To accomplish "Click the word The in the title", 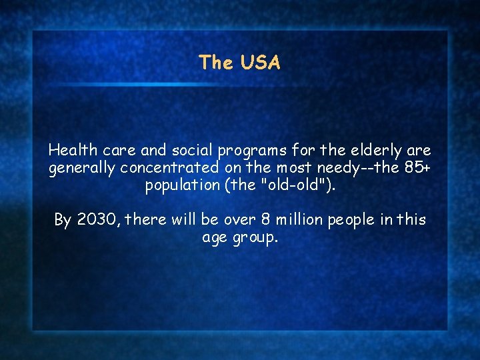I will pyautogui.click(x=215, y=63).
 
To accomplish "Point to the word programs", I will pyautogui.click(x=251, y=151).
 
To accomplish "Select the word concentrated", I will pyautogui.click(x=170, y=167).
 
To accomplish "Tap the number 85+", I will pyautogui.click(x=415, y=167).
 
